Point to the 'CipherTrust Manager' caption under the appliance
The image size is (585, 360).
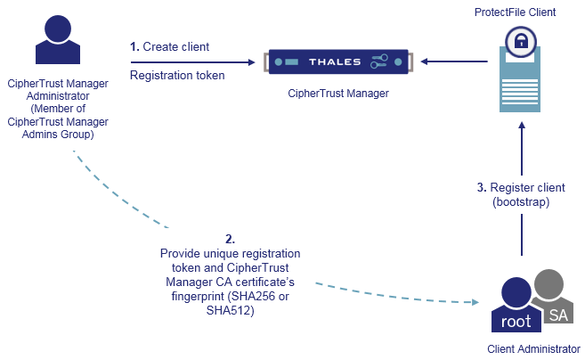[x=338, y=93]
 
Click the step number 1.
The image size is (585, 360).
[x=134, y=46]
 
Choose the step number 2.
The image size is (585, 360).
[x=230, y=239]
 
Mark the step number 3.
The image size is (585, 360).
[x=482, y=187]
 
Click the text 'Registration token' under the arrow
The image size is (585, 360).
[x=177, y=76]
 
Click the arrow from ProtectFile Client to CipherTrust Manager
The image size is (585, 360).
[x=455, y=61]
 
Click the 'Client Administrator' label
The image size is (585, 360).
[x=533, y=348]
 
